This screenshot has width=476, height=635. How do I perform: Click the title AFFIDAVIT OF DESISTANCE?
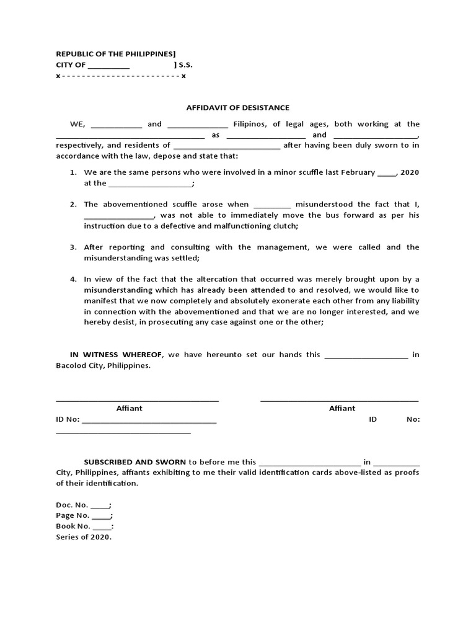(x=237, y=107)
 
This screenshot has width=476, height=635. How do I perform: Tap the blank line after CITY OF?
(x=109, y=65)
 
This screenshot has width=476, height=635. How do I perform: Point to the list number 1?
(x=73, y=172)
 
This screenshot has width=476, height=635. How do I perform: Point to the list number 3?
(x=73, y=247)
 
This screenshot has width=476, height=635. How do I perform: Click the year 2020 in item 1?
(x=410, y=172)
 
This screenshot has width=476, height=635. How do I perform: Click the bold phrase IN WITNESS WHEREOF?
(x=116, y=355)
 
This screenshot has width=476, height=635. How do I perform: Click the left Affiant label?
(x=129, y=408)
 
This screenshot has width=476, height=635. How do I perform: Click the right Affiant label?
(x=342, y=408)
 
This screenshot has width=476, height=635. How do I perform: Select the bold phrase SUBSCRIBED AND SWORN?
(x=135, y=462)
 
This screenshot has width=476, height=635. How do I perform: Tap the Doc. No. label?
(x=72, y=505)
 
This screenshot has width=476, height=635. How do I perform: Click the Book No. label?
(x=73, y=526)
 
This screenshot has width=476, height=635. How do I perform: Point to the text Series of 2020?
(x=84, y=537)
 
